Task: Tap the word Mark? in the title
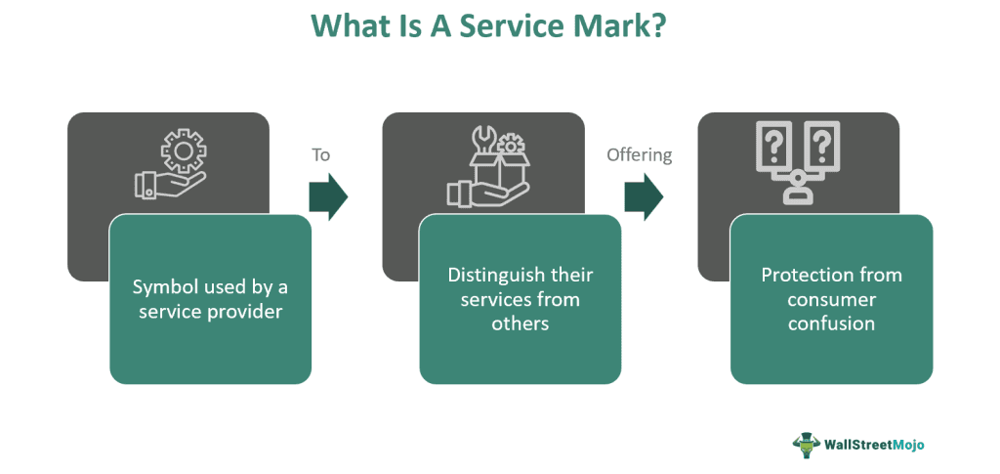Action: click(x=622, y=26)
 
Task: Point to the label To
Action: click(x=321, y=154)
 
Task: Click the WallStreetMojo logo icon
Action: click(x=806, y=444)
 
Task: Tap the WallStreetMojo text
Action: click(x=874, y=444)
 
